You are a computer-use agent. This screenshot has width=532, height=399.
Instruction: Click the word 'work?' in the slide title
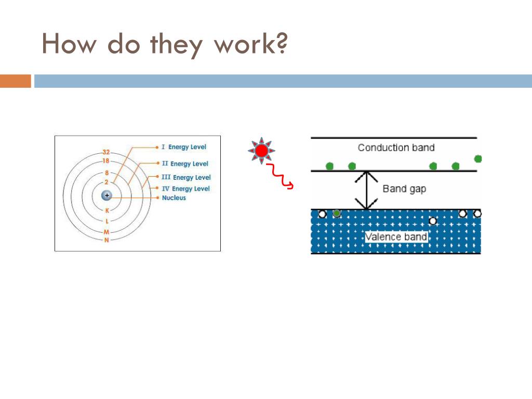pos(250,44)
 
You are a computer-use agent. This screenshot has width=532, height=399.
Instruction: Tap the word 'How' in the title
pos(69,44)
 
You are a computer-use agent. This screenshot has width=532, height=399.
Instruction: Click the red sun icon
pos(261,151)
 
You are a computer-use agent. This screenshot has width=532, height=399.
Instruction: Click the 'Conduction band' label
pos(396,148)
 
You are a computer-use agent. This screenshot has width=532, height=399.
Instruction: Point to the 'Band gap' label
pos(404,189)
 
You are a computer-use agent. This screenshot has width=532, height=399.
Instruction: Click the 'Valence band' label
pos(396,237)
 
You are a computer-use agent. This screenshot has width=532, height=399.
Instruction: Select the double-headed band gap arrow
pos(367,191)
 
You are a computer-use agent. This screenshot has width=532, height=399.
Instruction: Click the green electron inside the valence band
pos(337,213)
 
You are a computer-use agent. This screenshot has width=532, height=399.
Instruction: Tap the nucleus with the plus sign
pos(107,195)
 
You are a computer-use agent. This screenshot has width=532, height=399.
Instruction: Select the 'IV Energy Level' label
pos(185,189)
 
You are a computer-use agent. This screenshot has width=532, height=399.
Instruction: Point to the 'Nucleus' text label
pos(174,198)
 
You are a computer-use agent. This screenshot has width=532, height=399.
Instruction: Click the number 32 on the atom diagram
pos(106,152)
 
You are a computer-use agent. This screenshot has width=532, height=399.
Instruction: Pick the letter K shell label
pos(107,210)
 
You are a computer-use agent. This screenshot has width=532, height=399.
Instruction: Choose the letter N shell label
pos(107,240)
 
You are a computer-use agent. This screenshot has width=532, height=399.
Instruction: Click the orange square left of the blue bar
pos(15,81)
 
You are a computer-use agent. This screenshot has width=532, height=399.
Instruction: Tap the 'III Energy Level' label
pos(187,177)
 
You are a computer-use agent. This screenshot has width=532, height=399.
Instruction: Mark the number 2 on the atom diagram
pos(107,182)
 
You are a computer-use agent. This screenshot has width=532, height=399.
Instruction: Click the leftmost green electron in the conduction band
pos(329,166)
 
